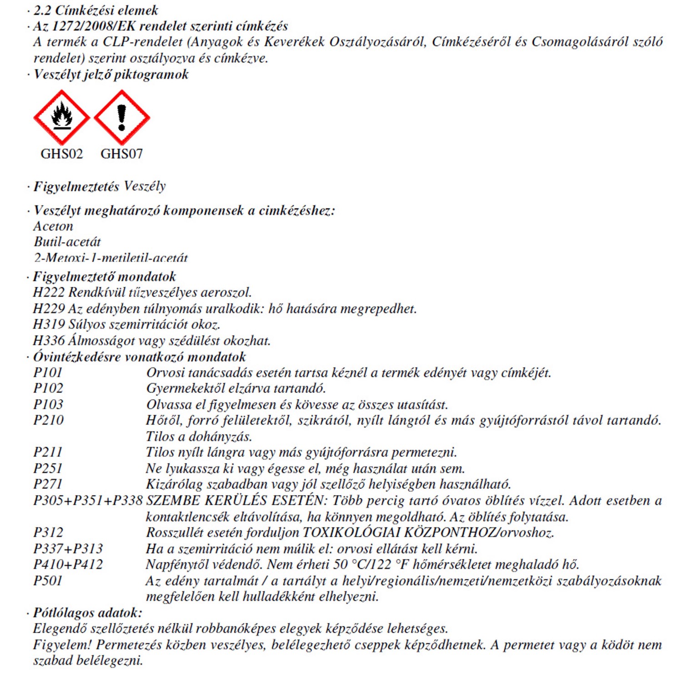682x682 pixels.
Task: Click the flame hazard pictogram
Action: pyautogui.click(x=61, y=117)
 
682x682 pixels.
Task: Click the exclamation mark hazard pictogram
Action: pyautogui.click(x=121, y=117)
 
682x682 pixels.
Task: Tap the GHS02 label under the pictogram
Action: pyautogui.click(x=62, y=154)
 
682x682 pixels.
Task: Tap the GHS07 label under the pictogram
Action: pyautogui.click(x=121, y=154)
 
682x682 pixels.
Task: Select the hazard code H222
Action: pyautogui.click(x=49, y=292)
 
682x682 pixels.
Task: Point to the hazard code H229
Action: pyautogui.click(x=49, y=309)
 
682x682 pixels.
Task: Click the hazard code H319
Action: pyautogui.click(x=49, y=325)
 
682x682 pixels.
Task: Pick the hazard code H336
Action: pyautogui.click(x=49, y=341)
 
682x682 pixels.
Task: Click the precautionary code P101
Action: pyautogui.click(x=48, y=372)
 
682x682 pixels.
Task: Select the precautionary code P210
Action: pyautogui.click(x=48, y=420)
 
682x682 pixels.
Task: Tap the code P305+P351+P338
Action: pyautogui.click(x=88, y=501)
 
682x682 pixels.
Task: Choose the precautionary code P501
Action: pyautogui.click(x=48, y=581)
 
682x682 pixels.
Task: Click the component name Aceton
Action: pyautogui.click(x=53, y=226)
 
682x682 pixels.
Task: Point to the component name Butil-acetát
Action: pyautogui.click(x=67, y=242)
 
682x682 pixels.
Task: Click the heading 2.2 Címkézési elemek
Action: pyautogui.click(x=96, y=10)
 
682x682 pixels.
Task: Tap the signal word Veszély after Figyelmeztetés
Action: pyautogui.click(x=145, y=186)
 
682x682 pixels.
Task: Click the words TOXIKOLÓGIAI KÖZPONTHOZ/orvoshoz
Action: pyautogui.click(x=428, y=532)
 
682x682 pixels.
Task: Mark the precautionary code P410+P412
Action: pyautogui.click(x=68, y=565)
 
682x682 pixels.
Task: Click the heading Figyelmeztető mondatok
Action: pyautogui.click(x=105, y=276)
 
